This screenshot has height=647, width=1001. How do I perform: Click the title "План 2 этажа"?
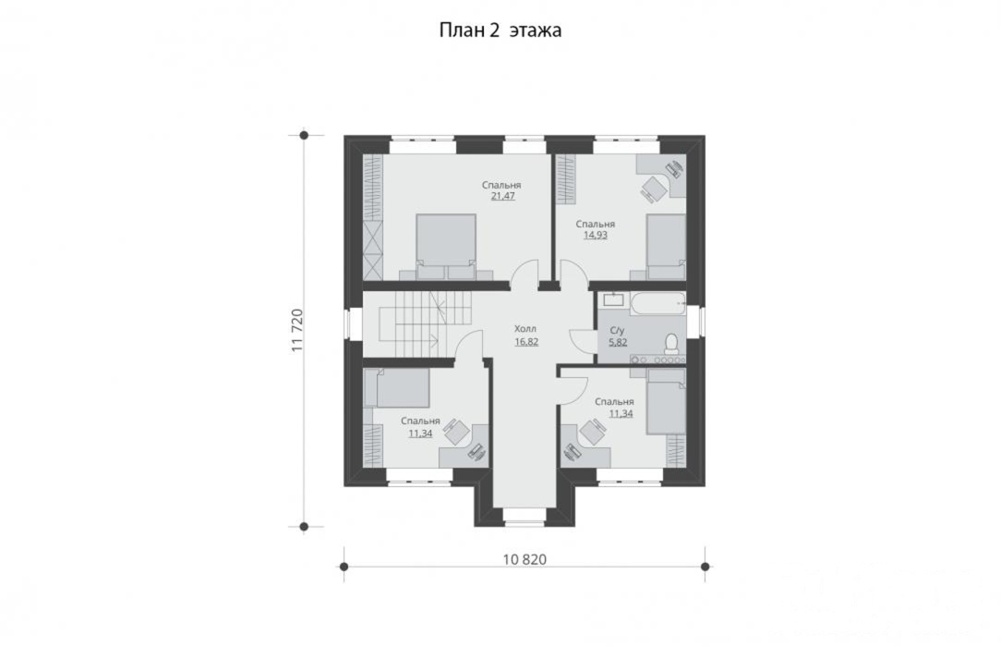tap(500, 31)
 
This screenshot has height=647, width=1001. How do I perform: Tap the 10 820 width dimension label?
tap(525, 560)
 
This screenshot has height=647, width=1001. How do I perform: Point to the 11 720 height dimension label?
tap(296, 331)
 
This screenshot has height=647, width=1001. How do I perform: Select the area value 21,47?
tap(503, 196)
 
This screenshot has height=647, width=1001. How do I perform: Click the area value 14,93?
tap(596, 235)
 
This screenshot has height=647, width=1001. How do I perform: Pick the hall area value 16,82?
tap(526, 342)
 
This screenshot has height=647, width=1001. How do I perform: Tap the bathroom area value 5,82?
tap(618, 342)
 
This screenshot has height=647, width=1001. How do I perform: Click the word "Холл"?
tap(525, 329)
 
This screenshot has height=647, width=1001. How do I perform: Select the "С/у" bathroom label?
tap(618, 330)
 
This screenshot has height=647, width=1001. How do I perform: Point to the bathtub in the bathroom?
tap(657, 304)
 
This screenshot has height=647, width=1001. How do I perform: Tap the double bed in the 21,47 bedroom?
tap(446, 247)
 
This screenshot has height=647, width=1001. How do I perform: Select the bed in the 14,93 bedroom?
tap(667, 247)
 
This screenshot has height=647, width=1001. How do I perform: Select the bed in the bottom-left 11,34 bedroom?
tap(396, 388)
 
